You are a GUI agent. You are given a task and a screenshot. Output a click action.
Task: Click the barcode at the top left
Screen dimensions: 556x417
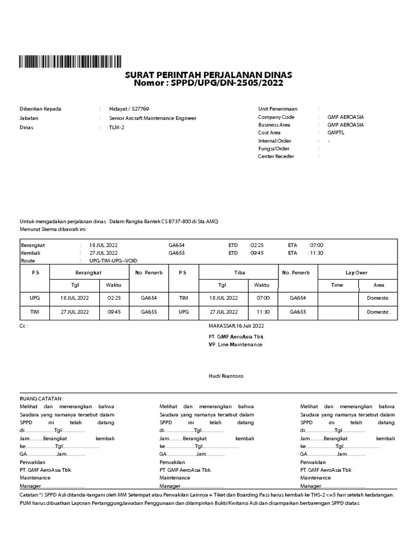[70, 61]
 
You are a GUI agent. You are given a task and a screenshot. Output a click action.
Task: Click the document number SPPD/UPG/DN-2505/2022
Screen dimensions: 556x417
[227, 83]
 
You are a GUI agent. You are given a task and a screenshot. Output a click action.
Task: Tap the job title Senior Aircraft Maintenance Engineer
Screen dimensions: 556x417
[153, 118]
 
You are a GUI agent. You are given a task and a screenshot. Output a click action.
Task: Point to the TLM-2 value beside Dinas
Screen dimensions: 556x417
[117, 127]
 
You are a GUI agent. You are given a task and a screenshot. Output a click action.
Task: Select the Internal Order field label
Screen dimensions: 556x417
[275, 141]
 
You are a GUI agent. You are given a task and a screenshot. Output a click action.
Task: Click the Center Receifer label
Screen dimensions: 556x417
[276, 156]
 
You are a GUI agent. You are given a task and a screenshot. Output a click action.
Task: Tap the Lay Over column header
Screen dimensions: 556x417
[357, 272]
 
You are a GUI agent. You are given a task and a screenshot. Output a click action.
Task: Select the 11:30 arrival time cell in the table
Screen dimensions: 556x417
[262, 312]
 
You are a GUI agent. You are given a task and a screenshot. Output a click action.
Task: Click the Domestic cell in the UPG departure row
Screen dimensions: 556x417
[378, 298]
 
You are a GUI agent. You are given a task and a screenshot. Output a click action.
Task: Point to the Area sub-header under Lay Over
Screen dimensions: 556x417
[378, 285]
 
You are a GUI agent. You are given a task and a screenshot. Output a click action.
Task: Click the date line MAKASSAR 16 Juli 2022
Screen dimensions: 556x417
[236, 326]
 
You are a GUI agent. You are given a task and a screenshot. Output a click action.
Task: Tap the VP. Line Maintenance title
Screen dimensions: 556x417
[235, 344]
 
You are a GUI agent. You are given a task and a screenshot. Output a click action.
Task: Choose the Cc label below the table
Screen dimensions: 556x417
[23, 326]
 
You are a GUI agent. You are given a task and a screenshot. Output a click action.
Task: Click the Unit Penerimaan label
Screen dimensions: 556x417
[278, 109]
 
